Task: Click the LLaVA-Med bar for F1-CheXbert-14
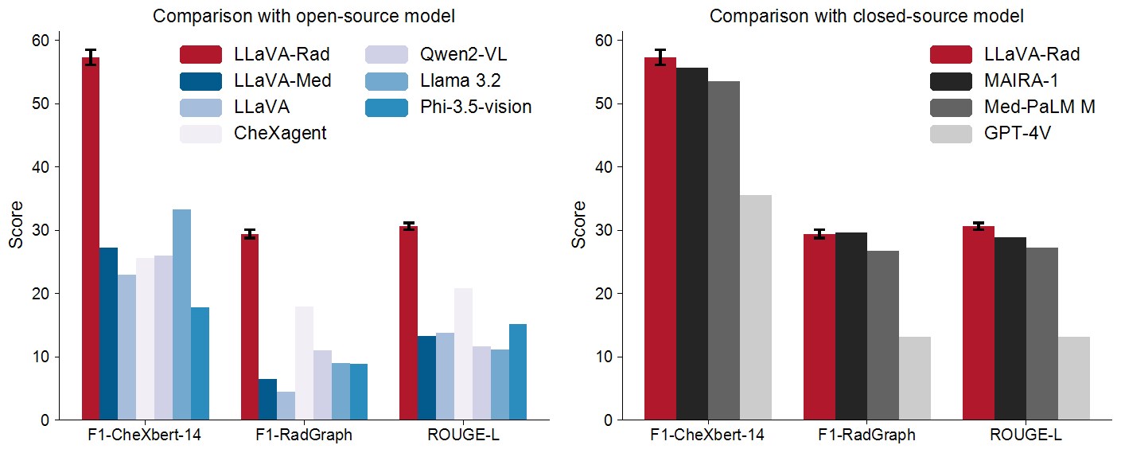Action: pyautogui.click(x=108, y=334)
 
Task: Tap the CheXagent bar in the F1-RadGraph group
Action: pyautogui.click(x=304, y=363)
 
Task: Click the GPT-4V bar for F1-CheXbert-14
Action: pyautogui.click(x=755, y=307)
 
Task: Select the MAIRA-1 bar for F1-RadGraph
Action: pyautogui.click(x=850, y=326)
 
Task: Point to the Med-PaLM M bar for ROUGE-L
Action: pyautogui.click(x=1041, y=334)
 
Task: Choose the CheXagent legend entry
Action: pyautogui.click(x=254, y=133)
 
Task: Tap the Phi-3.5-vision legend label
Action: pyautogui.click(x=477, y=107)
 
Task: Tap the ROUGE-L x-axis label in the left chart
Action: pyautogui.click(x=462, y=435)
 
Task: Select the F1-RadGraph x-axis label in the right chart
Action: pyautogui.click(x=866, y=435)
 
